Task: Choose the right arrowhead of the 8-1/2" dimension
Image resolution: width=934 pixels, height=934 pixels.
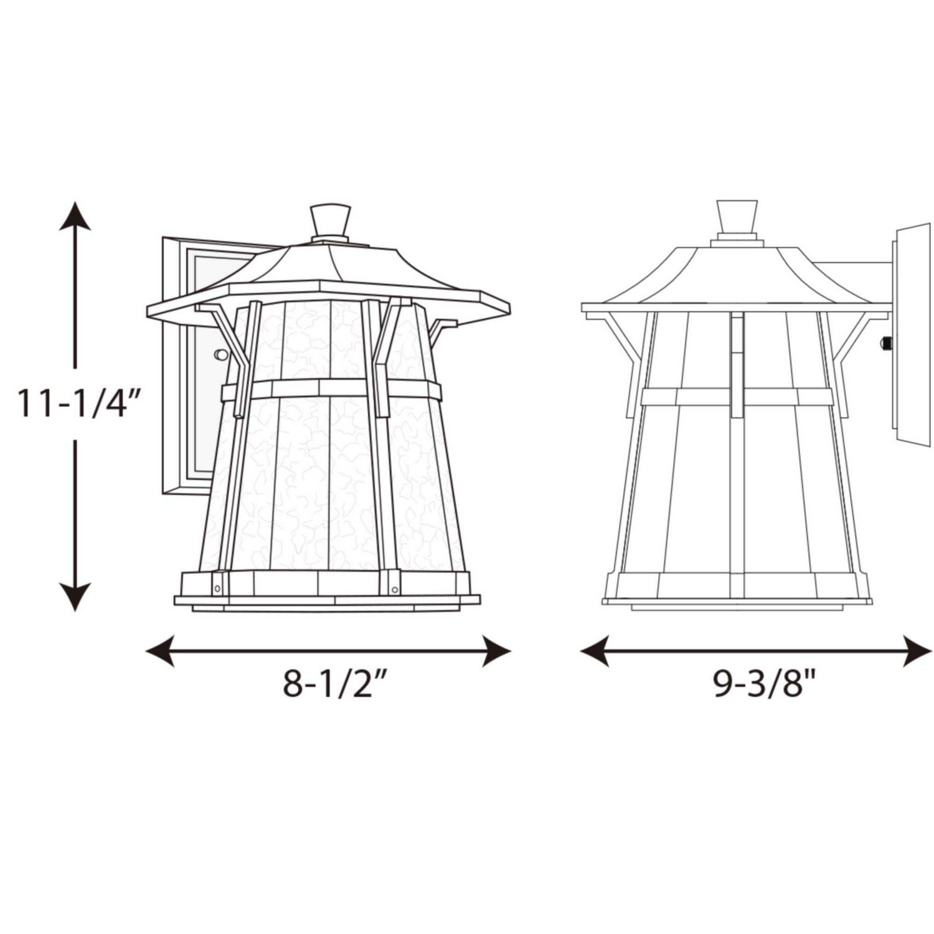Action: coord(495,651)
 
